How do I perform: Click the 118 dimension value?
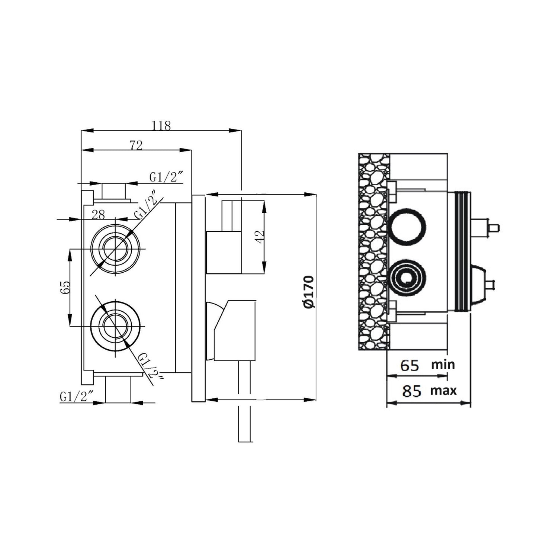[x=161, y=126]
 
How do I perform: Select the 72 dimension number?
[x=137, y=145]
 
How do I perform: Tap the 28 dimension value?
[x=99, y=215]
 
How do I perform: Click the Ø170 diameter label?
[x=309, y=292]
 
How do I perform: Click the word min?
[x=443, y=364]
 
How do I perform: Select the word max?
[x=443, y=391]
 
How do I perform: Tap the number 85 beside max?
[x=411, y=391]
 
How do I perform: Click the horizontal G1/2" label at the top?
[x=167, y=177]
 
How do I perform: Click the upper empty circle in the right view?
[x=407, y=227]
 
